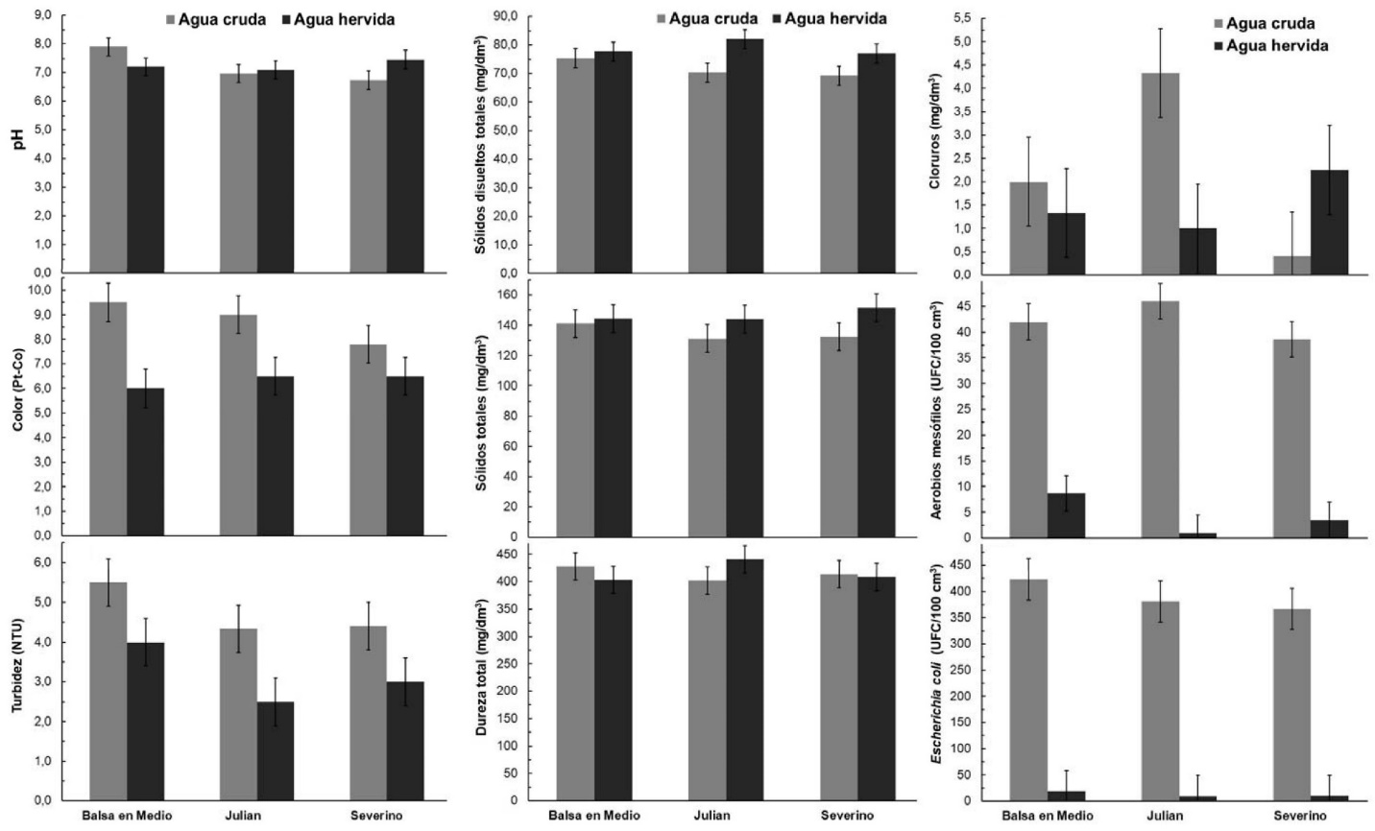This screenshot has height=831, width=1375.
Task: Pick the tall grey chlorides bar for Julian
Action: click(x=1160, y=174)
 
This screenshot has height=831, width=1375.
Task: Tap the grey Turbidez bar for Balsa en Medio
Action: click(x=108, y=691)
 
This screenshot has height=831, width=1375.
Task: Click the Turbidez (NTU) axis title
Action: click(x=16, y=672)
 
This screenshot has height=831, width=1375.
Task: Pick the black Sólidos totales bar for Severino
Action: click(x=876, y=422)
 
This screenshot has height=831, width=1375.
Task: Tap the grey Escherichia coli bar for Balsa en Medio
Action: click(x=1028, y=690)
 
